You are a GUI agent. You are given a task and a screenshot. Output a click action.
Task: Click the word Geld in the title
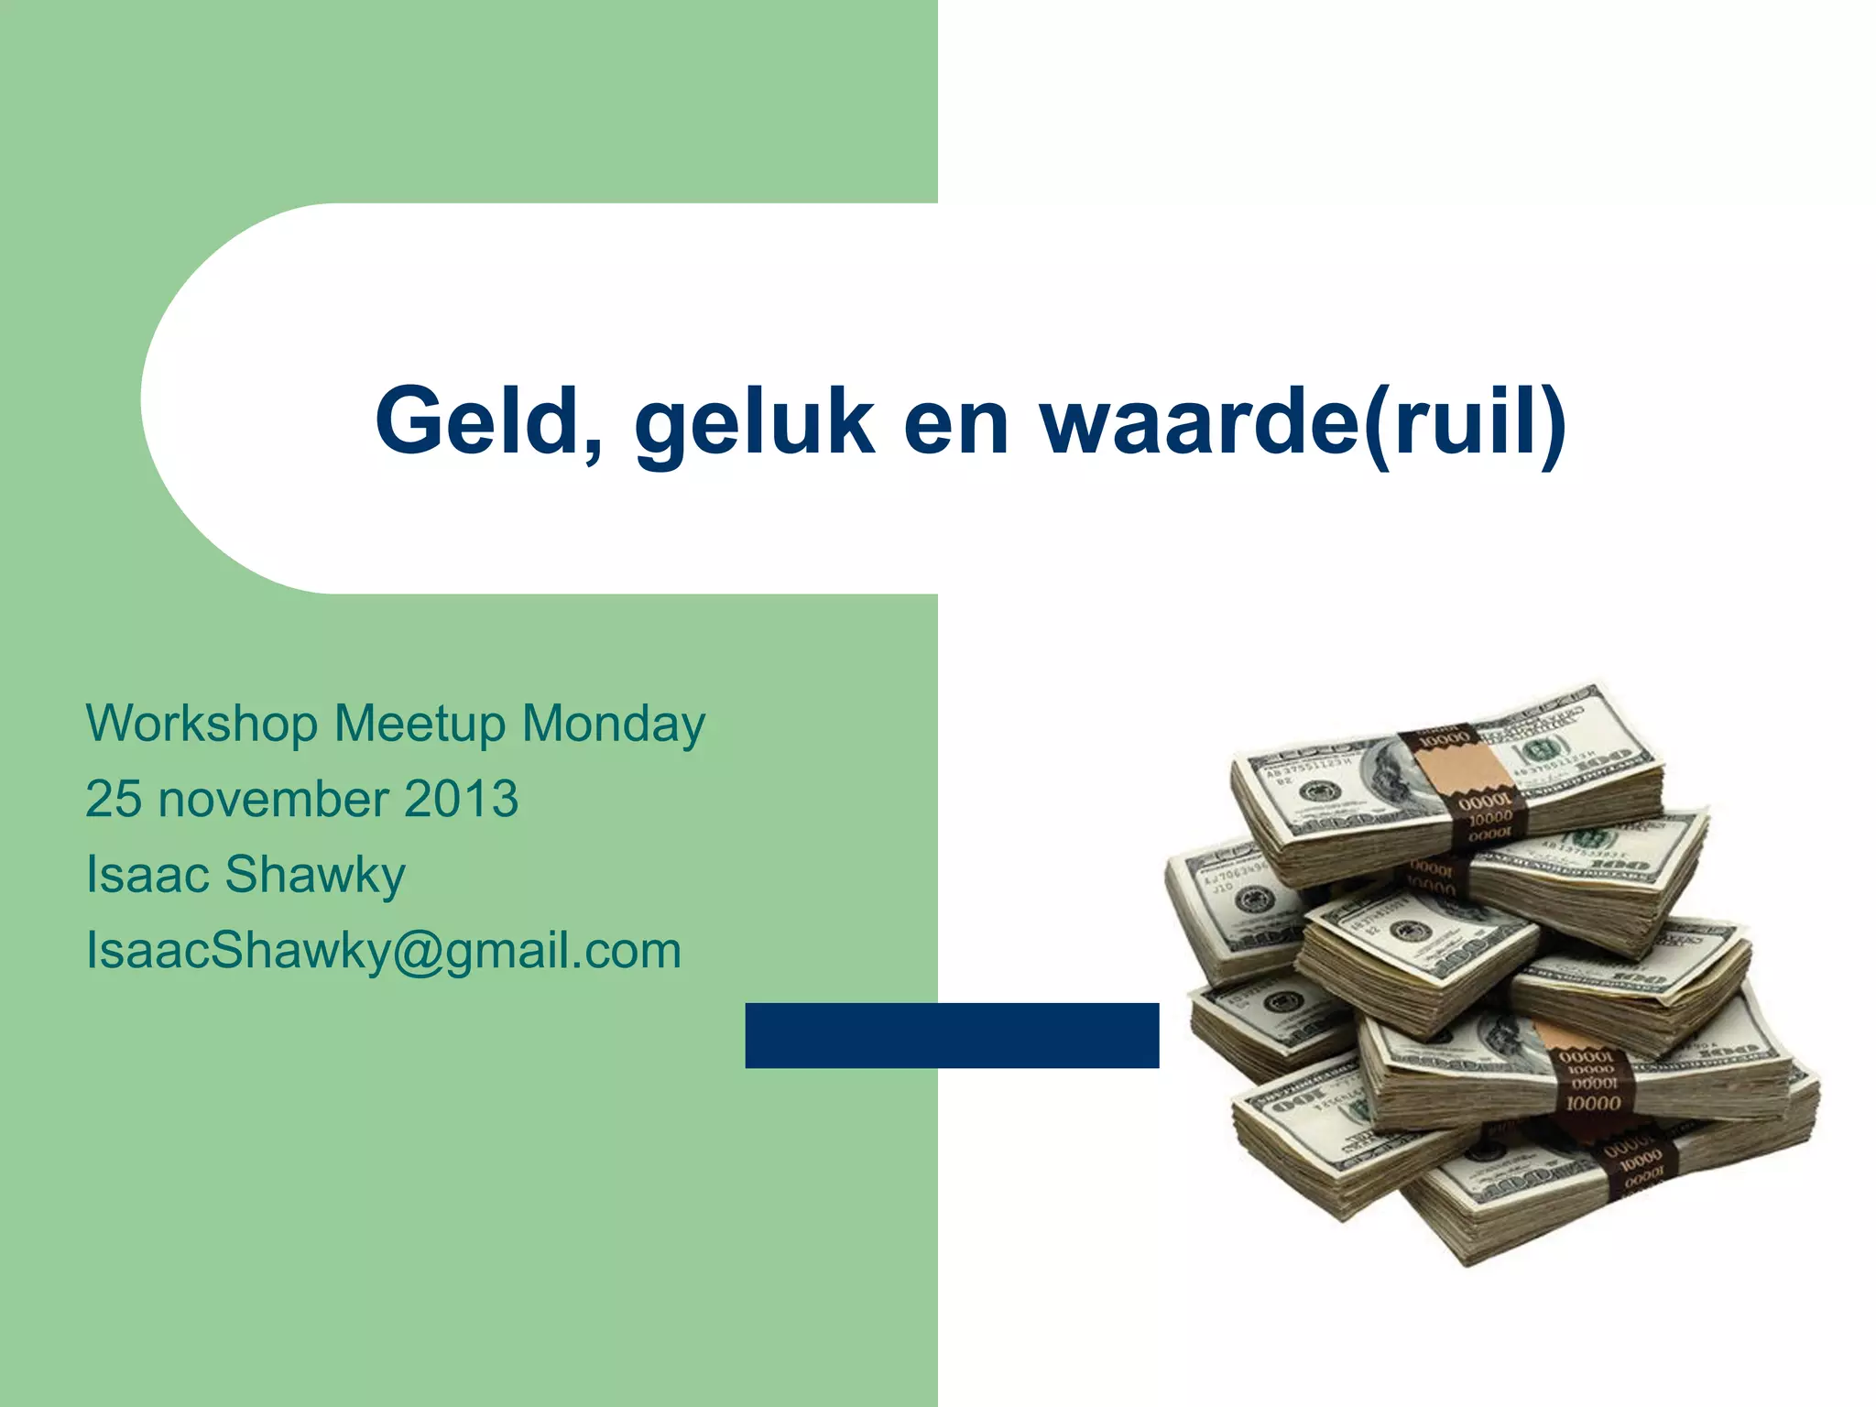[479, 420]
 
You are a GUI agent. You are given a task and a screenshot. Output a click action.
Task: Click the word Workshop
[202, 724]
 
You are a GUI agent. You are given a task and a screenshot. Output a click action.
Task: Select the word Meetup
[420, 724]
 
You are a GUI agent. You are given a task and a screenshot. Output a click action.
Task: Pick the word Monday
[613, 724]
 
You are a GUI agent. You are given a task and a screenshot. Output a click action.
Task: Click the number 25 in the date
[114, 799]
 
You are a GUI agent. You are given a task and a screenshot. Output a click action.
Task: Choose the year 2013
[461, 799]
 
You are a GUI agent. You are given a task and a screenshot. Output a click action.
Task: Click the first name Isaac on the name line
[148, 874]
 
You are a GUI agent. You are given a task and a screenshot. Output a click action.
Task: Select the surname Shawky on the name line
[314, 876]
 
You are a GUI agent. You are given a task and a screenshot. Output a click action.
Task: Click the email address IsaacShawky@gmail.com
[383, 951]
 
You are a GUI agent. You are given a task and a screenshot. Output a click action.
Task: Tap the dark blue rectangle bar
[952, 1035]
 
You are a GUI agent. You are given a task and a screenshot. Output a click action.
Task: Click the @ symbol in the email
[418, 951]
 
